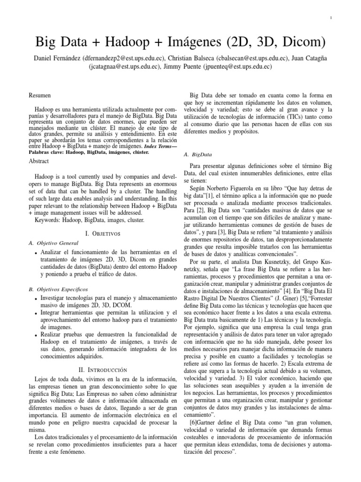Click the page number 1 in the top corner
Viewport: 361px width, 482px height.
pyautogui.click(x=332, y=18)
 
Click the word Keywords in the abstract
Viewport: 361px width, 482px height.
pyautogui.click(x=48, y=220)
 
